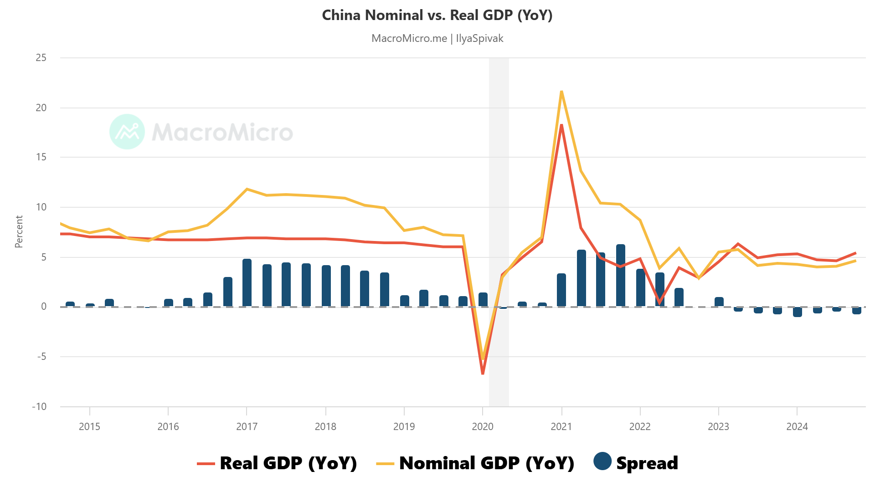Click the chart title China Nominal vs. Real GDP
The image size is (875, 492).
coord(437,15)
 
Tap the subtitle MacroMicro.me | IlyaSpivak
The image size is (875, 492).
coord(437,38)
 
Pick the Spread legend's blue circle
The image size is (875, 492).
coord(602,461)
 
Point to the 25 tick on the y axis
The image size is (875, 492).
coord(41,58)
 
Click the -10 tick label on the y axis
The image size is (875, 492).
coord(39,406)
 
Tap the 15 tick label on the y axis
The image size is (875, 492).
coord(41,157)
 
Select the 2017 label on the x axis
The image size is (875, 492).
coord(247,426)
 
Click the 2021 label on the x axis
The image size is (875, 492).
coord(561,426)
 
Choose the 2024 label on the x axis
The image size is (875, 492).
coord(797,426)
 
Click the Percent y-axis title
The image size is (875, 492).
coord(19,232)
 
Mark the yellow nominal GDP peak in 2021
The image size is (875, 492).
coord(561,92)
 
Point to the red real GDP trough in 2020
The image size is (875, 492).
coord(483,373)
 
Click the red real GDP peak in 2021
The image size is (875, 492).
coord(561,125)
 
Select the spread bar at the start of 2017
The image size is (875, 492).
coord(247,282)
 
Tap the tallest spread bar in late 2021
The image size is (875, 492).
coord(620,276)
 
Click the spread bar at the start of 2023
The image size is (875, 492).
coord(719,302)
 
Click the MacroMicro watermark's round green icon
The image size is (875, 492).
coord(127,132)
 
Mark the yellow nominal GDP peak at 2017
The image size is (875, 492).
coord(247,189)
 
